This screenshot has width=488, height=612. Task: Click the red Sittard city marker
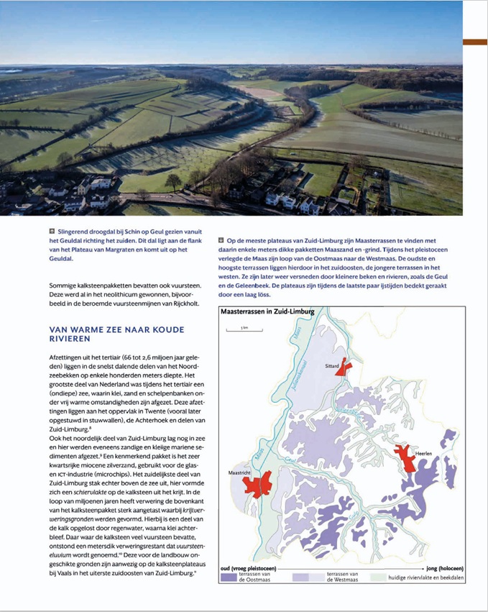(x=344, y=368)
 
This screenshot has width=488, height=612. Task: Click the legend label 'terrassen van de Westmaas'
(x=344, y=577)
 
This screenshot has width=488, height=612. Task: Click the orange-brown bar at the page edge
(x=474, y=42)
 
